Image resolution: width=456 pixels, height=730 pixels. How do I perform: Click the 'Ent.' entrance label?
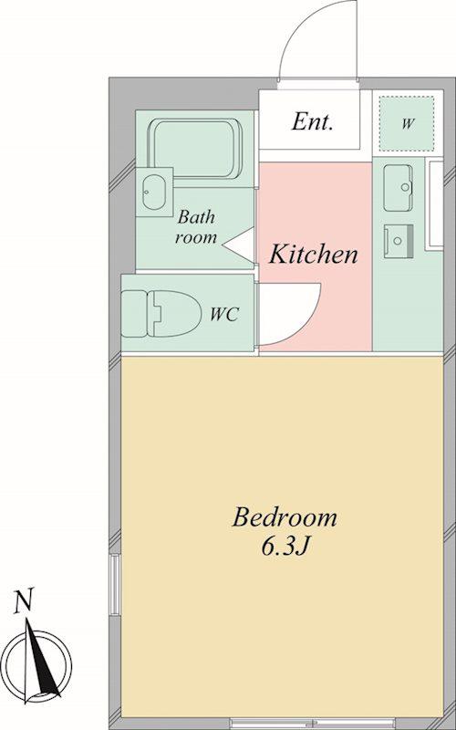[x=312, y=122]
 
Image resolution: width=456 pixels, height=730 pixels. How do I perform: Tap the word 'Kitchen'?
[x=314, y=255]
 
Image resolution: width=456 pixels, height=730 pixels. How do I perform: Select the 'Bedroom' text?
[x=285, y=517]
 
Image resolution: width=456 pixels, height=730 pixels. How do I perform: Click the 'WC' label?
[x=224, y=315]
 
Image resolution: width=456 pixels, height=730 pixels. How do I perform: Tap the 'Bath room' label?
[x=196, y=227]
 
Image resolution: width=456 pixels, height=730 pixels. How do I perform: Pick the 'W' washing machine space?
[x=407, y=123]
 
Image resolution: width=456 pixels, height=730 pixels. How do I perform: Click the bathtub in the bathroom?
[x=197, y=149]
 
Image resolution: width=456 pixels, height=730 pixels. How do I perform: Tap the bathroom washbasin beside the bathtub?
[x=154, y=192]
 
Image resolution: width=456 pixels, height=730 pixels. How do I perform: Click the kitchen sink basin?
[x=399, y=188]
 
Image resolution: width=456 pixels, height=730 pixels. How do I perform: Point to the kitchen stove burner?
[x=399, y=241]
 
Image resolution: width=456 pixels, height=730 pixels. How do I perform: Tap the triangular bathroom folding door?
[x=238, y=244]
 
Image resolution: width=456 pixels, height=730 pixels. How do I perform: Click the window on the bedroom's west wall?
[x=115, y=583]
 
